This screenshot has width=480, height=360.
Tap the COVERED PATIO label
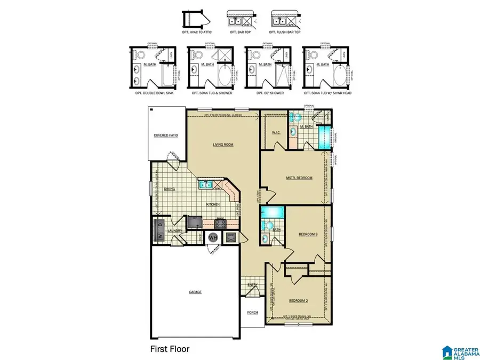coord(166,135)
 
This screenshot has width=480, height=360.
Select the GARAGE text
coord(195,292)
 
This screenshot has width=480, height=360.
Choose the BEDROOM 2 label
coord(298,300)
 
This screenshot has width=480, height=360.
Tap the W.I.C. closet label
coord(276,133)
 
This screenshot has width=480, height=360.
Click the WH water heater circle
coord(213,237)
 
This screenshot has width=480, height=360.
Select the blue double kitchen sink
coord(205,185)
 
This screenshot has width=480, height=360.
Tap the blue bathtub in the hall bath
coord(273,212)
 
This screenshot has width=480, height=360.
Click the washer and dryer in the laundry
coord(159,231)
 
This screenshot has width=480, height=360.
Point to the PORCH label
coord(252,313)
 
